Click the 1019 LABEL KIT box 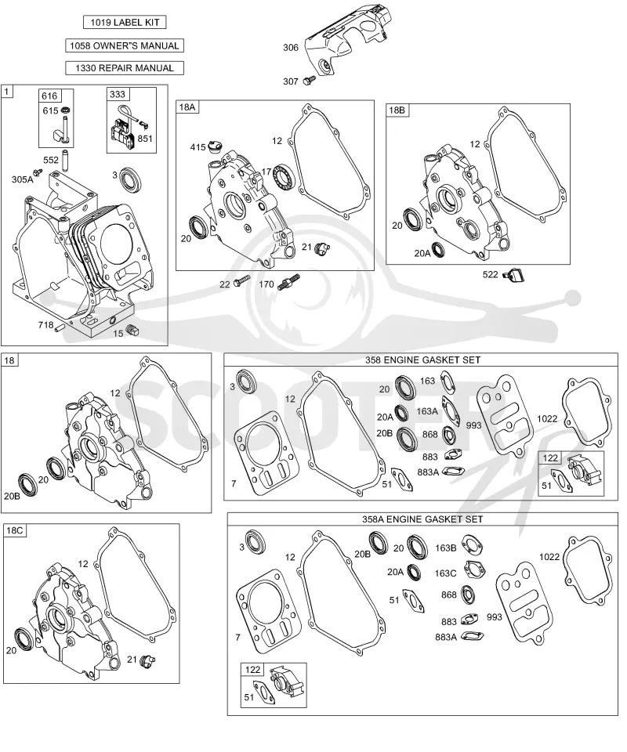125,22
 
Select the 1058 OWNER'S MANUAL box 125,45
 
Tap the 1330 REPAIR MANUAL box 125,68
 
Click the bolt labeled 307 308,81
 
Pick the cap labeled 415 213,146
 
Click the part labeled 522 514,275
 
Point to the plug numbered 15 132,330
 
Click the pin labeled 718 60,328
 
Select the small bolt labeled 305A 35,172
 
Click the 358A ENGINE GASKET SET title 422,519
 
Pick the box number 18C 14,530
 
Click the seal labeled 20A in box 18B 438,249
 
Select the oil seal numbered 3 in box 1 131,180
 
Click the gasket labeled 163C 474,569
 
